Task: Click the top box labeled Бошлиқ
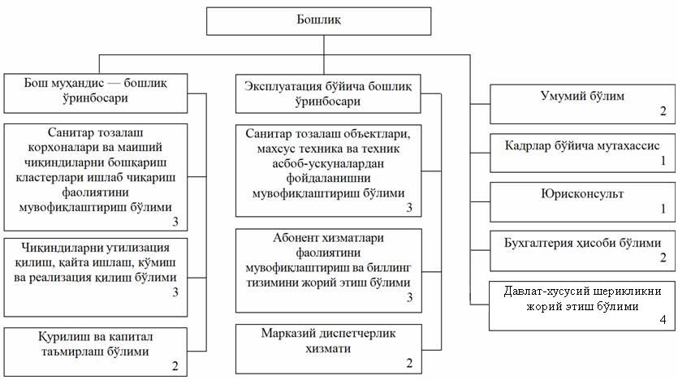tap(318, 21)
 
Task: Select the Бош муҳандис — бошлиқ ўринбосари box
tap(96, 93)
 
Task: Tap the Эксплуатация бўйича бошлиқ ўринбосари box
tap(328, 94)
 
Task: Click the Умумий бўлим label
tap(582, 96)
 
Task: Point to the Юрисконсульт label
tap(582, 194)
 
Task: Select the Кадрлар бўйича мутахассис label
tap(582, 145)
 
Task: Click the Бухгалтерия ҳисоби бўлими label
tap(582, 243)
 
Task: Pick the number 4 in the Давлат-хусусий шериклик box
tap(663, 320)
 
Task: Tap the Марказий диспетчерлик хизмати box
tap(329, 349)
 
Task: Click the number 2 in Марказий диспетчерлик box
tap(409, 363)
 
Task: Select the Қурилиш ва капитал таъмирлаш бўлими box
tap(96, 352)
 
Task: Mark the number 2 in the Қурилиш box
tap(175, 366)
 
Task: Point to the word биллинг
tap(389, 268)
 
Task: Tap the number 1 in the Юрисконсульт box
tap(663, 209)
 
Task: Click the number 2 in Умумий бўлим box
tap(663, 111)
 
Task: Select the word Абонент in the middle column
tap(294, 238)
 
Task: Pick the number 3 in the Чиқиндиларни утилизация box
tap(175, 292)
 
